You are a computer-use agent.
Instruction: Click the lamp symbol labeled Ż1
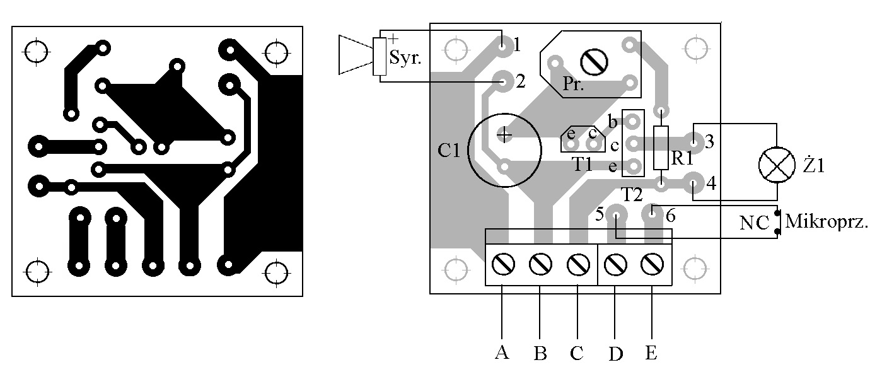(775, 166)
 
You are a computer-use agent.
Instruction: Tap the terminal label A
(502, 352)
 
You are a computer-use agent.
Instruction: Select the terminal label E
(651, 352)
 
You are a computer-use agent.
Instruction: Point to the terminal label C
(576, 352)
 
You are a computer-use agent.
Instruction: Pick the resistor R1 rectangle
(661, 148)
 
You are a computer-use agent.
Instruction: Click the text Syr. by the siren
(405, 58)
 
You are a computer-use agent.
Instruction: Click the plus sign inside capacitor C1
(504, 134)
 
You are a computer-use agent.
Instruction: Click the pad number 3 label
(709, 141)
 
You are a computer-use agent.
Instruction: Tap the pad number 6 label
(670, 216)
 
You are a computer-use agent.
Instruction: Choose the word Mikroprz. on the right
(826, 222)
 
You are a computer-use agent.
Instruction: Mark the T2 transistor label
(632, 193)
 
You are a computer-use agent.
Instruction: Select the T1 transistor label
(583, 164)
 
